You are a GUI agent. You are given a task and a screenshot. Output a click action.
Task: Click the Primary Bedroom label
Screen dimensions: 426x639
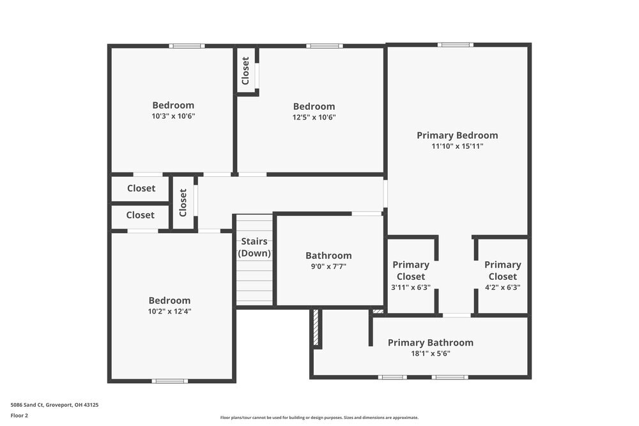point(457,135)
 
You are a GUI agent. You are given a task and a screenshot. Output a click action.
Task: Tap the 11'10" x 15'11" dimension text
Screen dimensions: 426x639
point(457,146)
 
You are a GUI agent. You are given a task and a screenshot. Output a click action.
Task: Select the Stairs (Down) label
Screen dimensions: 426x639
point(254,247)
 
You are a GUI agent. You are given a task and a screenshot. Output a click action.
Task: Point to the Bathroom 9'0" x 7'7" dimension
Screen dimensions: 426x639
point(328,266)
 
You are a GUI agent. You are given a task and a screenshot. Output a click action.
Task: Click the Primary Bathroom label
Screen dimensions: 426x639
point(431,342)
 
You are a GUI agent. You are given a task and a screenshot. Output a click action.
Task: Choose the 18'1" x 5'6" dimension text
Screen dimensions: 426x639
point(431,353)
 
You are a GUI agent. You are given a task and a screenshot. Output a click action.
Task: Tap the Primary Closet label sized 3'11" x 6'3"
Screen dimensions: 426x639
point(411,270)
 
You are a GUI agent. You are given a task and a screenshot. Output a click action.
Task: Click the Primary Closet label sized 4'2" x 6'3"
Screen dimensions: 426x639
point(502,270)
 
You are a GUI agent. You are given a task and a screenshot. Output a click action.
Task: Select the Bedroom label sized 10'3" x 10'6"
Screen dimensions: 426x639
point(173,105)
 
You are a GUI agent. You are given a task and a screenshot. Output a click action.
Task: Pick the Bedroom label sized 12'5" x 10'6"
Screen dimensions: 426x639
point(314,107)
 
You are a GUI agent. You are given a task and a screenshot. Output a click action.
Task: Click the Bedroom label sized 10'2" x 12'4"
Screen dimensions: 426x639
point(169,300)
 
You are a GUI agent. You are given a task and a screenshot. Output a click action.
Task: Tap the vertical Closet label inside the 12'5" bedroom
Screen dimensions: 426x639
point(245,71)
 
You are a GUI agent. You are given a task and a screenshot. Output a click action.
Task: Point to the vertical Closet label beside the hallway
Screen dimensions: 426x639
point(183,202)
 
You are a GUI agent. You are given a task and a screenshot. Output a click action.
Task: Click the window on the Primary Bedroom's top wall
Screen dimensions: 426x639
point(456,45)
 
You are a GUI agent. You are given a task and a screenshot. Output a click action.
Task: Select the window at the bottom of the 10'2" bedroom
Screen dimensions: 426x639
point(169,381)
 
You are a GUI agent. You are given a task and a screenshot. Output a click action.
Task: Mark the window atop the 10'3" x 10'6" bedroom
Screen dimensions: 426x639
point(187,46)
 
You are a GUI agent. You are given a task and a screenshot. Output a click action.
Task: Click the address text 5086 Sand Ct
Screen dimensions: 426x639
point(54,404)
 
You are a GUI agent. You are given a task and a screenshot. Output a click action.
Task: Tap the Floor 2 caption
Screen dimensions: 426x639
point(19,415)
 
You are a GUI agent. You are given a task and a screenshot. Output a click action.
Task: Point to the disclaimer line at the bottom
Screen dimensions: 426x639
point(319,417)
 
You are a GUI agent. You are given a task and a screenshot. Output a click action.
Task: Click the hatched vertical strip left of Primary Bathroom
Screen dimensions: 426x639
point(316,328)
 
